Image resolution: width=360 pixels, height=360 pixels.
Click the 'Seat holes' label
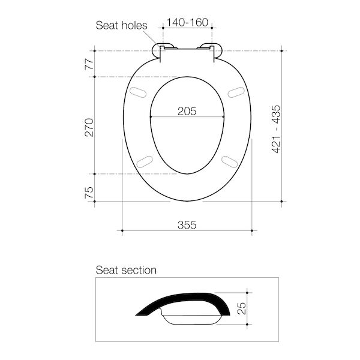(x=122, y=25)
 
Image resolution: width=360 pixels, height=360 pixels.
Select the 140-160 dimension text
(x=188, y=23)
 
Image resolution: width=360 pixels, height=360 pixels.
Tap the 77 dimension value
(x=89, y=64)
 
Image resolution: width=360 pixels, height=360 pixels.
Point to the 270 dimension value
(x=89, y=126)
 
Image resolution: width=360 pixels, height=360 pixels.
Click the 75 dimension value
(x=89, y=192)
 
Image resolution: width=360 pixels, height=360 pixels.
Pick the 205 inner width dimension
(x=187, y=110)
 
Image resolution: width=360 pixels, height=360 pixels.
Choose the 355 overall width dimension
(x=187, y=224)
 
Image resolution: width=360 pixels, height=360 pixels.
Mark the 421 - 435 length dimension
(x=277, y=128)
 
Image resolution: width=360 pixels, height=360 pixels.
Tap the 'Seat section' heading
(x=126, y=270)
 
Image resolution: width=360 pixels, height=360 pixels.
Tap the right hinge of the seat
(x=211, y=50)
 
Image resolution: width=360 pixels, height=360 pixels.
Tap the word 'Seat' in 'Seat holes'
(x=107, y=25)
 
